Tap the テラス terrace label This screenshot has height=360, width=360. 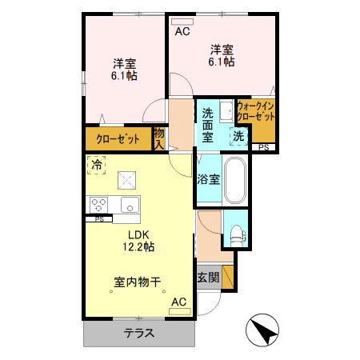(x=138, y=334)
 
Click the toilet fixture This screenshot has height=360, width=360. (x=236, y=234)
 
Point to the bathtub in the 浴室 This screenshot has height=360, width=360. (x=234, y=181)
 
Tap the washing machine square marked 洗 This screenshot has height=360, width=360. (x=238, y=136)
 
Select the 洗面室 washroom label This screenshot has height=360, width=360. (x=207, y=125)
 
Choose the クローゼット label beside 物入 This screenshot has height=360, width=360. (x=118, y=139)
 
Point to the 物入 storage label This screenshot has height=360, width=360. (x=159, y=138)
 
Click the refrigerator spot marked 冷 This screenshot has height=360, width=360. (x=97, y=166)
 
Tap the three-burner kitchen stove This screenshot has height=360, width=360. (x=100, y=203)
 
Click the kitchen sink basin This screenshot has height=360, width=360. (x=129, y=203)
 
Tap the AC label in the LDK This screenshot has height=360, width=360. (x=178, y=302)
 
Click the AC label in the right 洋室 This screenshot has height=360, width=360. (x=182, y=32)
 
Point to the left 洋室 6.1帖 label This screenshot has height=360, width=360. (x=123, y=70)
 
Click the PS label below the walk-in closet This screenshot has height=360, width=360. (x=263, y=147)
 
